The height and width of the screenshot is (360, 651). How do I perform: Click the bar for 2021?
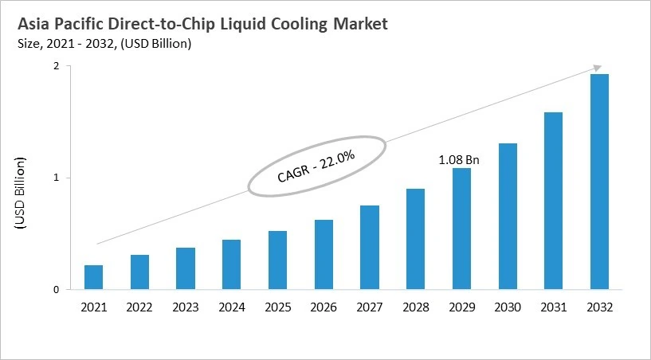pos(93,277)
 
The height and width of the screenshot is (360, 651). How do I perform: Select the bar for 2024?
pos(231,264)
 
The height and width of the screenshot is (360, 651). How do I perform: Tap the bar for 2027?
pos(369,248)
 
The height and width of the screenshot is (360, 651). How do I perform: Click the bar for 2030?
pos(507,217)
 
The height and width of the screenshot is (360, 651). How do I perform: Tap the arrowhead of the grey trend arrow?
pos(596,69)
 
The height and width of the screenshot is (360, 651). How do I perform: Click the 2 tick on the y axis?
pos(56,67)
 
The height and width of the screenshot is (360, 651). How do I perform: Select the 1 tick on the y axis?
pos(56,178)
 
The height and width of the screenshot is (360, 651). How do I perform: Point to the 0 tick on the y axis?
pos(56,290)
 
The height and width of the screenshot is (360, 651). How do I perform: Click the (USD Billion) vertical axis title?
pos(21,195)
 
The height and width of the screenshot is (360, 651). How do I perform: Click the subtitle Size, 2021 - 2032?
pos(73,44)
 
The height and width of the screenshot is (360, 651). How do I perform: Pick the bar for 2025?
pos(277,260)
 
